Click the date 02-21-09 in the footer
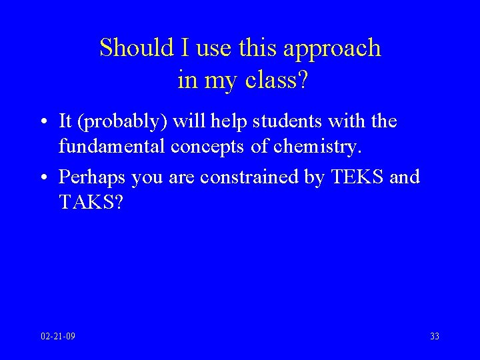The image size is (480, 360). pyautogui.click(x=58, y=336)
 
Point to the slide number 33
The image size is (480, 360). pyautogui.click(x=435, y=336)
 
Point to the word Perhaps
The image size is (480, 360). pyautogui.click(x=92, y=177)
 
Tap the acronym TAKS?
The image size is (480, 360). pyautogui.click(x=91, y=201)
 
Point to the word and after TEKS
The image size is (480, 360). pyautogui.click(x=405, y=177)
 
